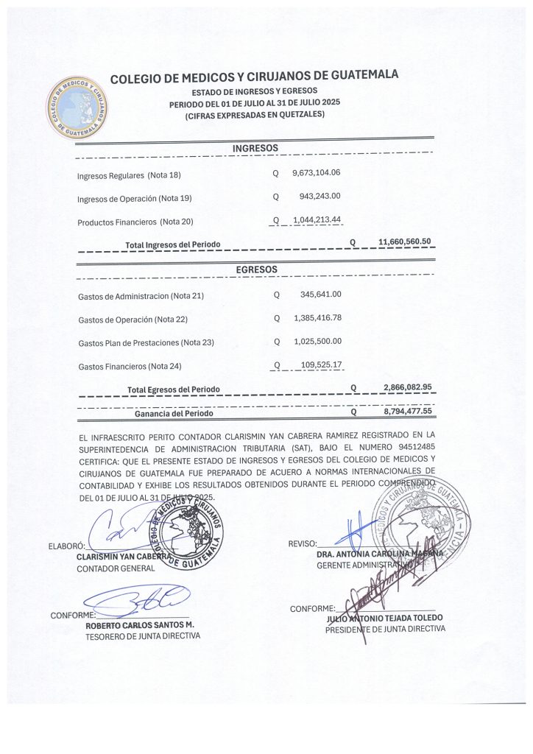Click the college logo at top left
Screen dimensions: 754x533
(77, 108)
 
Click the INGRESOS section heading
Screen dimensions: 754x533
(255, 149)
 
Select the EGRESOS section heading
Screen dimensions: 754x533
(257, 269)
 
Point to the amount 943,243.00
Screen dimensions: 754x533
(320, 197)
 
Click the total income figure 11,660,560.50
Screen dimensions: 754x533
(404, 242)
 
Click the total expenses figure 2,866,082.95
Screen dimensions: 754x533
(407, 387)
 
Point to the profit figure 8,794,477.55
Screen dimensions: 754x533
(407, 412)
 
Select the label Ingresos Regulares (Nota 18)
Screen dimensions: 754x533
(129, 175)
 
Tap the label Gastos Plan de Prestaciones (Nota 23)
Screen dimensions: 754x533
(146, 343)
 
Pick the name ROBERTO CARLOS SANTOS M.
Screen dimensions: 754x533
(140, 624)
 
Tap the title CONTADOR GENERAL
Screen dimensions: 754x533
(116, 568)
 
